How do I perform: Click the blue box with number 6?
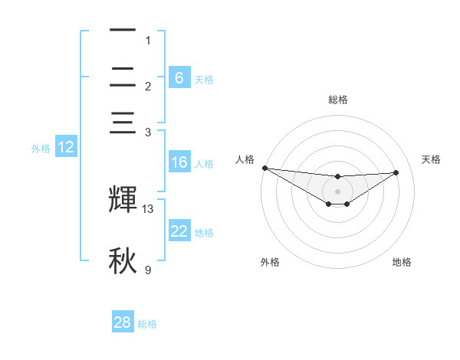tap(179, 77)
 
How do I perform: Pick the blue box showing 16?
tap(179, 162)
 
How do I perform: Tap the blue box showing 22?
tap(179, 231)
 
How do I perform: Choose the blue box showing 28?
tap(123, 322)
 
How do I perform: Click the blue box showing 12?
tap(66, 147)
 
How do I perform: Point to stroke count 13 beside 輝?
tap(148, 208)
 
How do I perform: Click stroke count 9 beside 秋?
tap(148, 270)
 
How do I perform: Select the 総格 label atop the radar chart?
tap(338, 100)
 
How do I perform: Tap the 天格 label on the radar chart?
tap(432, 159)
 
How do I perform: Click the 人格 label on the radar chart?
tap(245, 159)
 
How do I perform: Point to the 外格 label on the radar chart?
tap(270, 262)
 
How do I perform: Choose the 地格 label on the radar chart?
tap(402, 262)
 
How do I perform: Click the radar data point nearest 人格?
tap(264, 168)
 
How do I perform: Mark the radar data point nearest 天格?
tap(396, 172)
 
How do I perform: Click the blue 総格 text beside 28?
tap(147, 324)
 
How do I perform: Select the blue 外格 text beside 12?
tap(41, 149)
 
